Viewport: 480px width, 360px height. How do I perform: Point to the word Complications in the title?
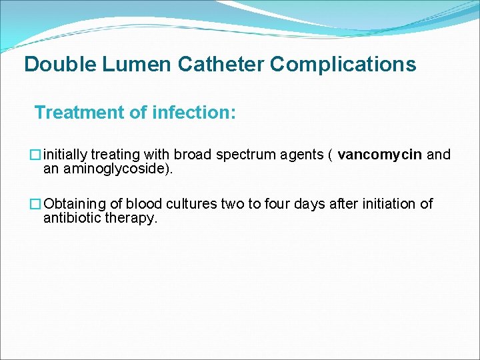[x=343, y=65]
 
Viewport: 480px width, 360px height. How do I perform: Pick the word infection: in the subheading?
[x=194, y=113]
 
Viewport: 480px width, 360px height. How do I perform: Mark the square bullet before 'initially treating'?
[x=37, y=155]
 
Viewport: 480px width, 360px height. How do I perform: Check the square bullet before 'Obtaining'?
[x=37, y=204]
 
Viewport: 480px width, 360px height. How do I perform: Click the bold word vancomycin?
[x=380, y=155]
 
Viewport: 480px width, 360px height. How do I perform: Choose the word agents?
[x=303, y=155]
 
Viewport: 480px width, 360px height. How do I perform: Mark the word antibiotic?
[x=72, y=218]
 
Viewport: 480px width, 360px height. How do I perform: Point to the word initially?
[x=65, y=155]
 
